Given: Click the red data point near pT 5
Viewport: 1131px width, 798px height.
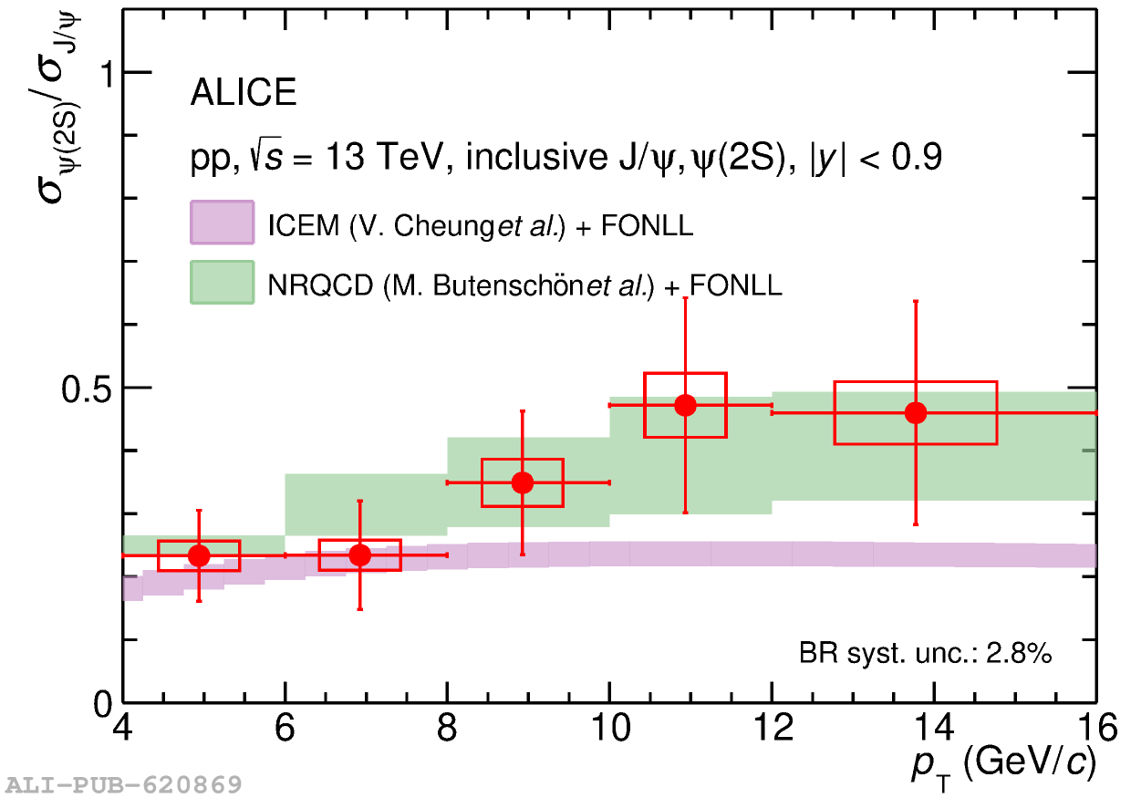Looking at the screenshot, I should click(199, 554).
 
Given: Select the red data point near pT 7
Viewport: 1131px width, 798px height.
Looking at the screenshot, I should click(360, 554).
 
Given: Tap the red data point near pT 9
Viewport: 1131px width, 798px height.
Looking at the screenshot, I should click(523, 482).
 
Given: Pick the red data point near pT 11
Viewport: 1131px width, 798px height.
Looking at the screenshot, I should click(685, 405).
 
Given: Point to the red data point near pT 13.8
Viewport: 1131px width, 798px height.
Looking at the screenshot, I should click(916, 412).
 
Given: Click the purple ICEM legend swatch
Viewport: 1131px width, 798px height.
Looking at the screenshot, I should click(222, 223).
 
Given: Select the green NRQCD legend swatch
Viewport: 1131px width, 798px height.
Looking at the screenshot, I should click(222, 283).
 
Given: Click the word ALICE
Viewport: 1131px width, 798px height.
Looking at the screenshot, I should click(243, 93).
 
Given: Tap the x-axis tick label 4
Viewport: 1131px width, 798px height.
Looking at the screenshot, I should click(123, 727).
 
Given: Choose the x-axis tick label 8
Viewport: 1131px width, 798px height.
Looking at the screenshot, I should click(447, 727).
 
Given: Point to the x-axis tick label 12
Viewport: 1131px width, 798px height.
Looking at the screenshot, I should click(772, 727).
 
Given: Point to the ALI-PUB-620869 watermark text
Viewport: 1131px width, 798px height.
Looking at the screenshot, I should click(124, 784).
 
